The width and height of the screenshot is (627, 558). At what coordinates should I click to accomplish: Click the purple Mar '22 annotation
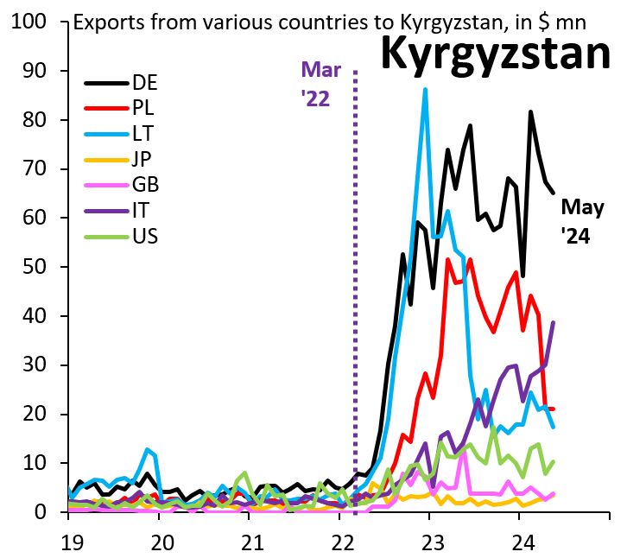click(x=320, y=84)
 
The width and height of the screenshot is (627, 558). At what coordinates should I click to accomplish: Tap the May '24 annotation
click(x=582, y=221)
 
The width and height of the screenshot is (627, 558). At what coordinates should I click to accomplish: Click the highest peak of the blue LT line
click(x=425, y=89)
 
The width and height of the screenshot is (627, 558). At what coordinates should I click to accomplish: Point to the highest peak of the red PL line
click(x=470, y=258)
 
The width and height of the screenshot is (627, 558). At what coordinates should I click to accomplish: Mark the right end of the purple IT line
click(x=553, y=323)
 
